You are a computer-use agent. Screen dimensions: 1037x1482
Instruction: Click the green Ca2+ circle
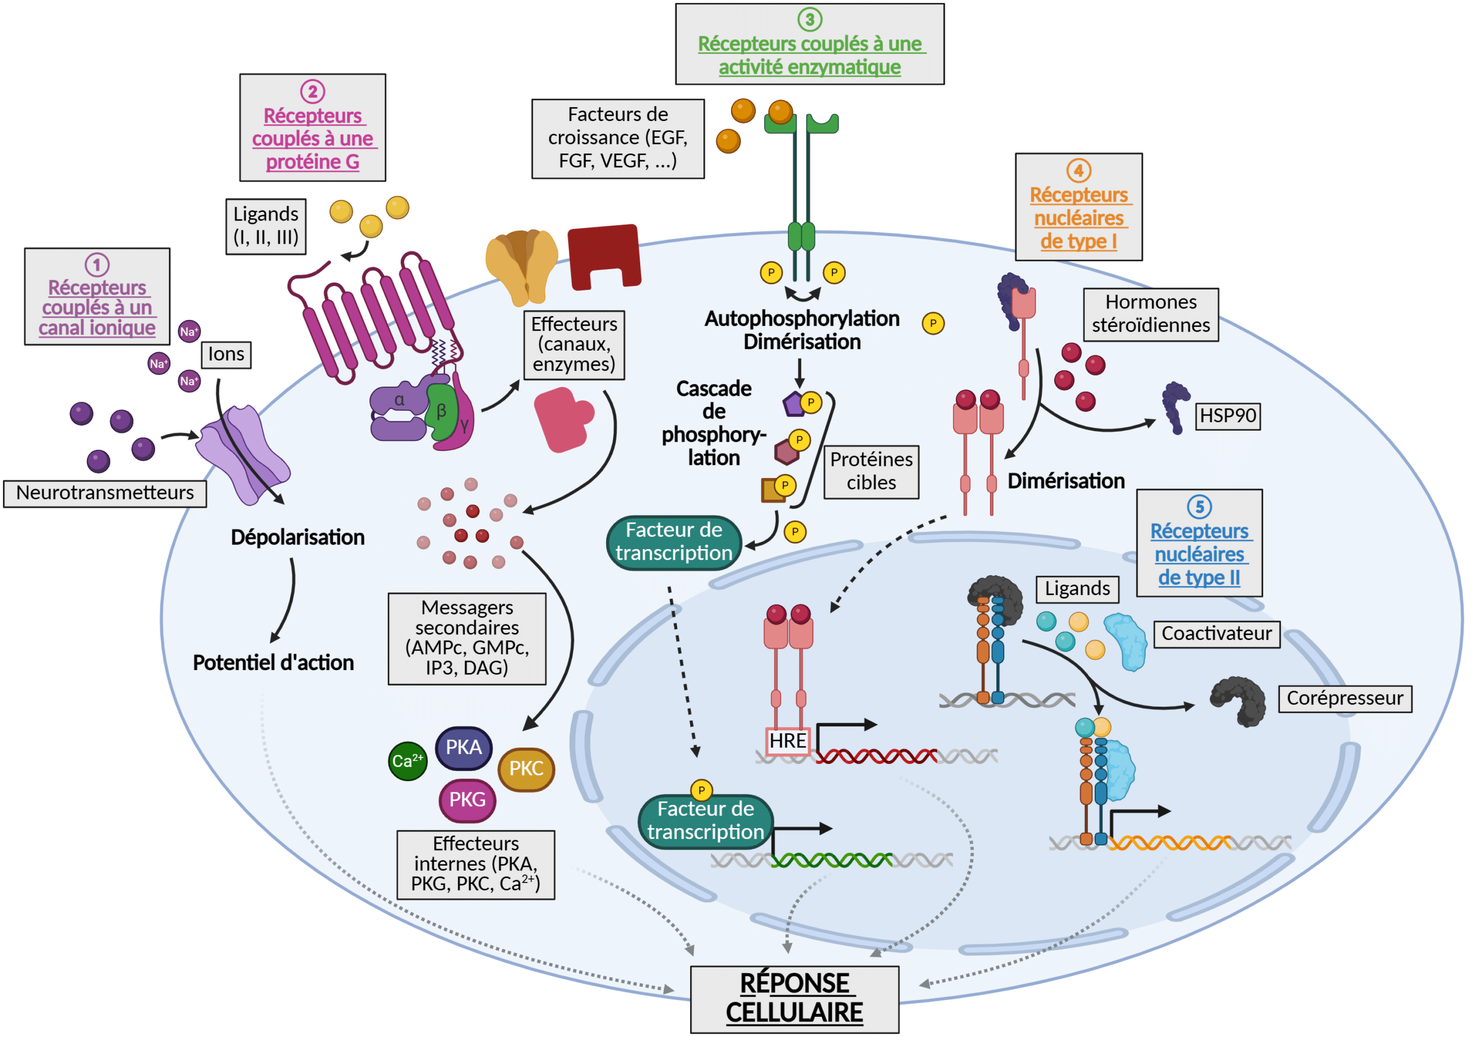[x=408, y=761]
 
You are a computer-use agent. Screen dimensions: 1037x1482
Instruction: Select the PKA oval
[x=464, y=747]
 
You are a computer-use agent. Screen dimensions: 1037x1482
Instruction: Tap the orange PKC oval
[x=526, y=768]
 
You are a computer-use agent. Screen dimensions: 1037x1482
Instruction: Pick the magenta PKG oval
[x=467, y=800]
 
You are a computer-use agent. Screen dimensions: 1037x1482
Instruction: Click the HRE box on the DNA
[x=787, y=740]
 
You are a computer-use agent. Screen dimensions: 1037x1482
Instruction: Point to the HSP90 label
[x=1228, y=415]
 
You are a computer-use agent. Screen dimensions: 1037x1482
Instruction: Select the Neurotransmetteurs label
[x=105, y=493]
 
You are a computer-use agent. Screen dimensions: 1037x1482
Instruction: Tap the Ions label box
[x=226, y=354]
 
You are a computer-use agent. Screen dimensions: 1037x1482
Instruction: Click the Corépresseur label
[x=1345, y=698]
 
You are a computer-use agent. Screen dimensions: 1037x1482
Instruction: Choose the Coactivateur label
[x=1216, y=634]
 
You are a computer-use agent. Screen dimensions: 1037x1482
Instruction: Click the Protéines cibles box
[x=871, y=471]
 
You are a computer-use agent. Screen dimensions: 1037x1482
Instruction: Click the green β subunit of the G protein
[x=442, y=411]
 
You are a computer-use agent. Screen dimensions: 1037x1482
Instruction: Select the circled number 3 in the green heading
[x=809, y=19]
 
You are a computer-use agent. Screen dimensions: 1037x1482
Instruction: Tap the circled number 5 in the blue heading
[x=1199, y=506]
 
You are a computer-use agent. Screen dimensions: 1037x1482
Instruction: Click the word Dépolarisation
[x=298, y=537]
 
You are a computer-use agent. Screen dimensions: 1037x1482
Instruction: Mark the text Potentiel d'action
[x=273, y=663]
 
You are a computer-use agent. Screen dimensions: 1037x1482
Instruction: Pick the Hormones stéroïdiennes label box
[x=1150, y=314]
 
